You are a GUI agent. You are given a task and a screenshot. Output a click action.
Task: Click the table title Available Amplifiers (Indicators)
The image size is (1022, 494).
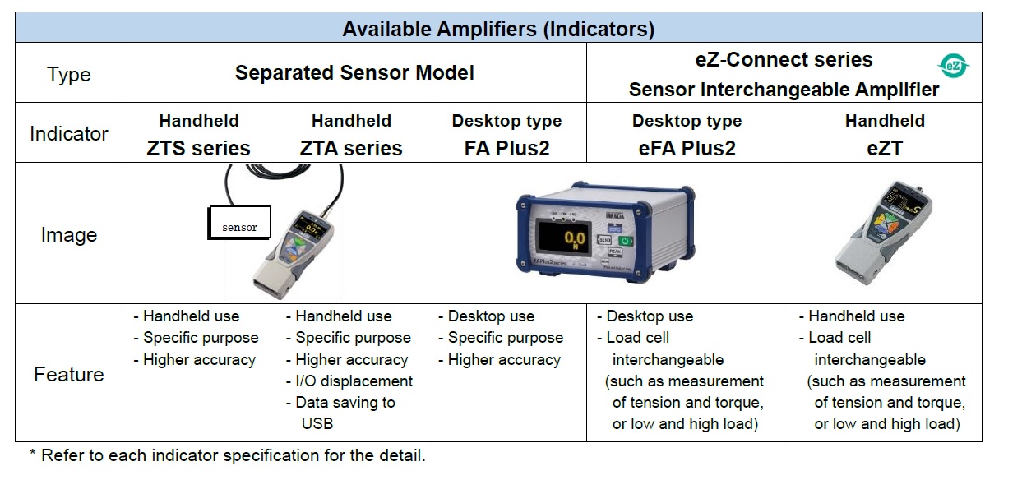[498, 29]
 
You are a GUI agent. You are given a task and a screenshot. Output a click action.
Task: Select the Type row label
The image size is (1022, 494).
[69, 74]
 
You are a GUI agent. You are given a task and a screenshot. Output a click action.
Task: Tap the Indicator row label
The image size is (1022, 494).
[69, 133]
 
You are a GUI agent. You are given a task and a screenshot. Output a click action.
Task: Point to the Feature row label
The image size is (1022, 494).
[69, 375]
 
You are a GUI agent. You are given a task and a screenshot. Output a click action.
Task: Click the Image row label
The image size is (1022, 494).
[69, 235]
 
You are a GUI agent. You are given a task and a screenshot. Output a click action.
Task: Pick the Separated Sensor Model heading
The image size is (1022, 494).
[354, 73]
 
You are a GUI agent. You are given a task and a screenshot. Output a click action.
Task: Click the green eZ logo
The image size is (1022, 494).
[954, 66]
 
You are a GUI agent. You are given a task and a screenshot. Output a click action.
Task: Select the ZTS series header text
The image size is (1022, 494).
[198, 149]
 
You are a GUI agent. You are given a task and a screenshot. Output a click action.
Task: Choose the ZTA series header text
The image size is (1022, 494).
[351, 149]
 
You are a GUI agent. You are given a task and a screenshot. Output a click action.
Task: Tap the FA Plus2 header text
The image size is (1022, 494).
[506, 149]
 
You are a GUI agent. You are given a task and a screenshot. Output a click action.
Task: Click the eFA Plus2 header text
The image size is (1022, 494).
[687, 149]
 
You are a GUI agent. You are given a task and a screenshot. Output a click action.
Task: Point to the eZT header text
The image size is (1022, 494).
[885, 149]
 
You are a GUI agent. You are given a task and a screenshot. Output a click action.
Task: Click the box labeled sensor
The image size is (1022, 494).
[239, 224]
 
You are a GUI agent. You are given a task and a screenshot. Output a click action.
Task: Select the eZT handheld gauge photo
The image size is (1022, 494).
[884, 233]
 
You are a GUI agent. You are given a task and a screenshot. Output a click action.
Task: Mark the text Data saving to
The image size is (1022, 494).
[345, 403]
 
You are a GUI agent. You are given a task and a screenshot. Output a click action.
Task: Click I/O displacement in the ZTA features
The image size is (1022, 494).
[354, 381]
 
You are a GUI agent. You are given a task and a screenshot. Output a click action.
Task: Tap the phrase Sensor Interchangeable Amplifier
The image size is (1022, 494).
[784, 90]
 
